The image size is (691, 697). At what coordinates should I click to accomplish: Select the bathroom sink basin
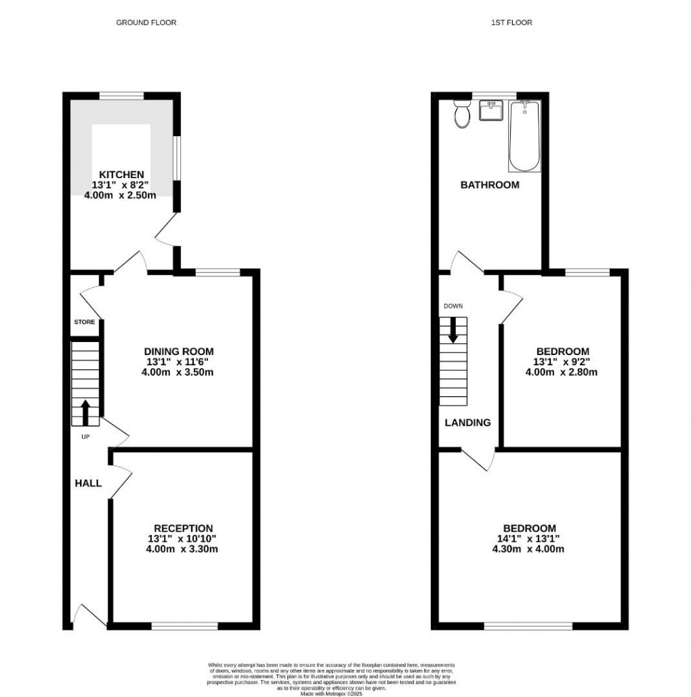(x=490, y=110)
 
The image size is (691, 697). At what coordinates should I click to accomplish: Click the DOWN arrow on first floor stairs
(x=453, y=330)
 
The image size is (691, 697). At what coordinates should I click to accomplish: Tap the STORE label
(x=85, y=322)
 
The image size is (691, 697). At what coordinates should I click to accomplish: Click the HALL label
(x=89, y=483)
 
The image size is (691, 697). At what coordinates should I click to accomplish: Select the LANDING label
(x=467, y=423)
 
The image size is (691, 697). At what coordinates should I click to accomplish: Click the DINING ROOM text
(x=179, y=351)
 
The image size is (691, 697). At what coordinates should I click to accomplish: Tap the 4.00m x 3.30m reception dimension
(x=183, y=549)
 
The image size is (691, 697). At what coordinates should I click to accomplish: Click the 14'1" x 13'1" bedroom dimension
(x=529, y=539)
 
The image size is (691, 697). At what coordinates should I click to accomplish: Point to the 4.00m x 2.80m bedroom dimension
(x=562, y=372)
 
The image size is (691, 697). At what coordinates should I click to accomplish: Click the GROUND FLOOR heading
(x=146, y=22)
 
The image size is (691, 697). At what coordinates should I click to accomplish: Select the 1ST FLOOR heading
(x=511, y=22)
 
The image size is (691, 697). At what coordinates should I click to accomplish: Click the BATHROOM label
(x=490, y=185)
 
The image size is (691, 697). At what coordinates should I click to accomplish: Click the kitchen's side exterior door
(x=165, y=232)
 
